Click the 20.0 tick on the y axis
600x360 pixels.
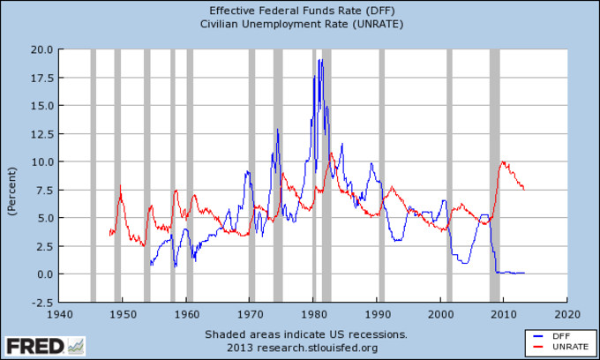[x=41, y=49]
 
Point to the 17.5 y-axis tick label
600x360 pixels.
[x=41, y=77]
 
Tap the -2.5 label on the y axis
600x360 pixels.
[x=41, y=302]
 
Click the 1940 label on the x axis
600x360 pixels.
[x=59, y=313]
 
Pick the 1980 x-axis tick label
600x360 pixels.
[x=313, y=313]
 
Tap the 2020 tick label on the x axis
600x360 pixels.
[x=567, y=313]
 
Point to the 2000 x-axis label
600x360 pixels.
[x=440, y=313]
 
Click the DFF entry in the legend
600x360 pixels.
[x=555, y=337]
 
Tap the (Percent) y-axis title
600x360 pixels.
[x=12, y=190]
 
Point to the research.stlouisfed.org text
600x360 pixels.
[x=326, y=347]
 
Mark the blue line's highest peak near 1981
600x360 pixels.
[x=320, y=60]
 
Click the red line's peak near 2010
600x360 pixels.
[x=503, y=161]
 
